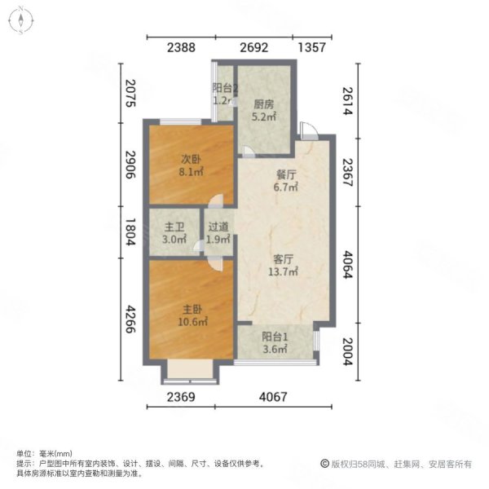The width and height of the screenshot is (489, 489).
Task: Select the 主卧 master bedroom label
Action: click(192, 309)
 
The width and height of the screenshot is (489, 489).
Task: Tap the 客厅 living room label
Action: click(284, 258)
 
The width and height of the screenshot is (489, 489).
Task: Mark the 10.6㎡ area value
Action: click(192, 321)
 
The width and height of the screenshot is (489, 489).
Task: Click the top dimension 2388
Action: click(181, 48)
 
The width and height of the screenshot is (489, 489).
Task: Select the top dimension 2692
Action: click(253, 48)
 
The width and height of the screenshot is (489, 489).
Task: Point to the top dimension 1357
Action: click(313, 48)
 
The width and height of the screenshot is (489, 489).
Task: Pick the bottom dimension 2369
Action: click(183, 398)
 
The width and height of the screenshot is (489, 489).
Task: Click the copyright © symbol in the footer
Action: click(324, 464)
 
